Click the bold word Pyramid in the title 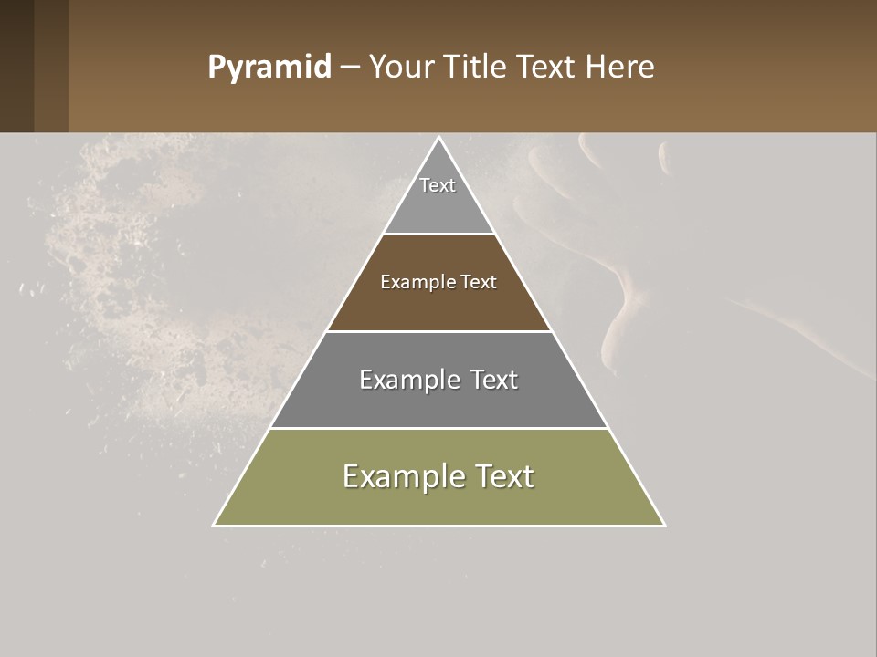269,68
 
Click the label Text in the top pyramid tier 438,185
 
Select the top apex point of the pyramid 439,138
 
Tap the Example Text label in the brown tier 438,282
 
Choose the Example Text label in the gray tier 438,380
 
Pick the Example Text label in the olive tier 438,476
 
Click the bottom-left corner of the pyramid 214,525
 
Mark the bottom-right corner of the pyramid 664,525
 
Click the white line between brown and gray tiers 438,331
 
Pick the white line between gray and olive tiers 438,428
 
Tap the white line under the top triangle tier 438,234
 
